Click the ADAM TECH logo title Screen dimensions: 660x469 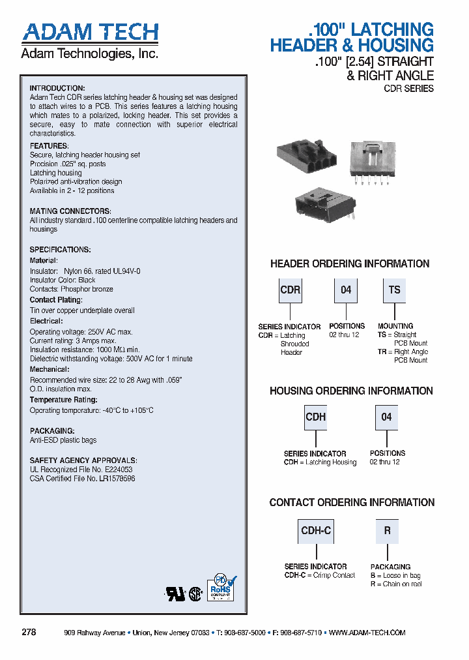tap(90, 32)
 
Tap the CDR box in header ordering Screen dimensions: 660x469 tap(290, 290)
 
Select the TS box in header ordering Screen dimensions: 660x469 tap(394, 290)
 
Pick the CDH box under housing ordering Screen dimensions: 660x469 tap(315, 417)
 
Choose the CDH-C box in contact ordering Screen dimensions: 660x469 tap(316, 531)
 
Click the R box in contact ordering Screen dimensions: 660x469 tap(387, 531)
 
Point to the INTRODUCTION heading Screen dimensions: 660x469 tap(57, 88)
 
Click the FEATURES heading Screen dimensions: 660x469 tap(49, 145)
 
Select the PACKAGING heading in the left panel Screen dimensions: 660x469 tap(52, 431)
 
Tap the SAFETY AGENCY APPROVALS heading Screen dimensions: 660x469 tap(83, 460)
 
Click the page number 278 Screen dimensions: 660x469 tap(29, 632)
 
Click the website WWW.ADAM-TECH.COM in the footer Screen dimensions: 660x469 tap(367, 633)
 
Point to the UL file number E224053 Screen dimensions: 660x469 tap(117, 469)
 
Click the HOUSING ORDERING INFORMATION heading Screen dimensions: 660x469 tap(351, 391)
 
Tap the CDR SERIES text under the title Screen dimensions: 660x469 tap(408, 88)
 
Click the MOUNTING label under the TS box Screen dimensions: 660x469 tap(395, 326)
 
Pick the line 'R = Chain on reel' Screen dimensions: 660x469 tap(396, 584)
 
